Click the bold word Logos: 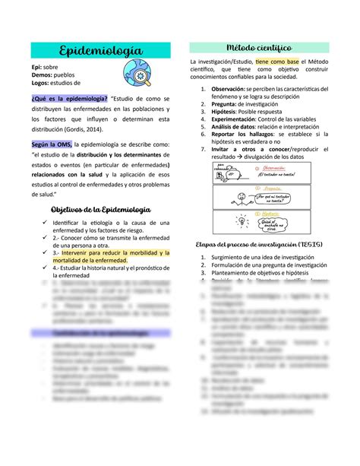pyautogui.click(x=44, y=82)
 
